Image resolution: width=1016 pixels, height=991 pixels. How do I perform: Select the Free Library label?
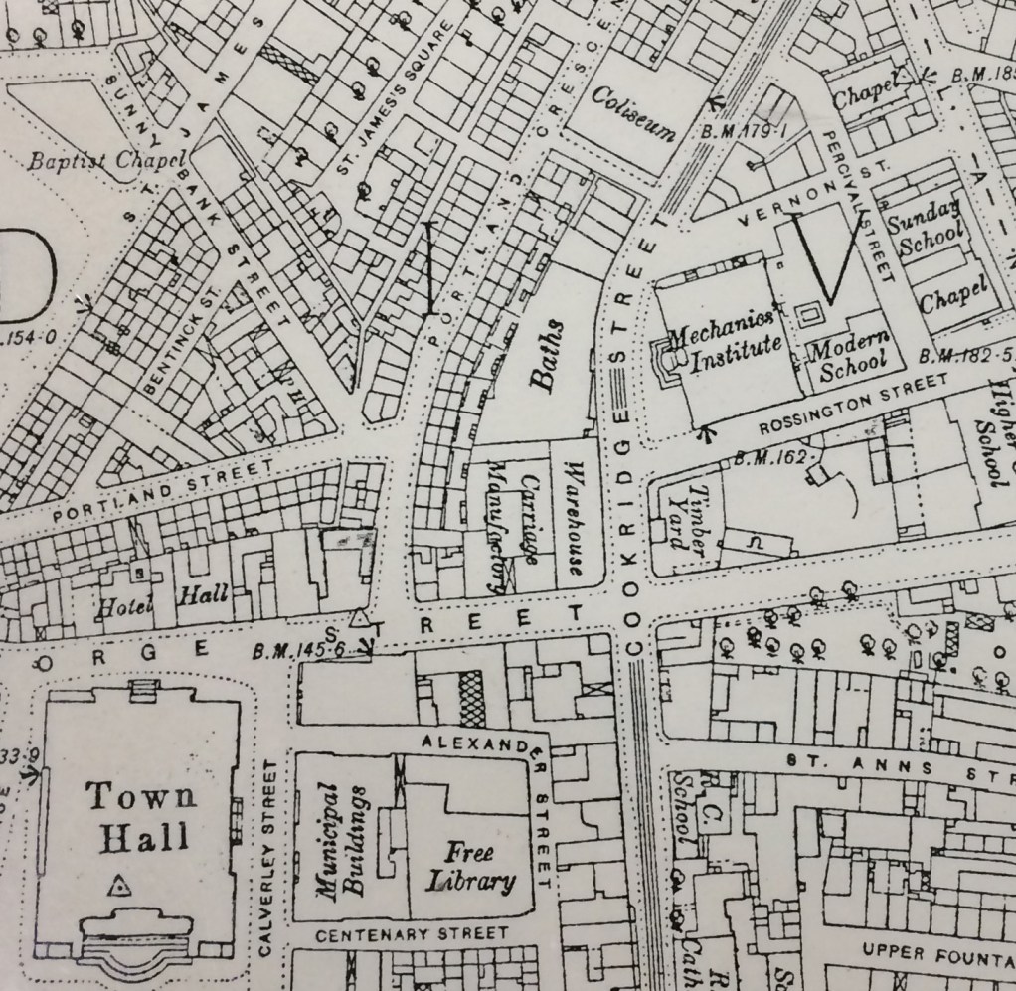471,867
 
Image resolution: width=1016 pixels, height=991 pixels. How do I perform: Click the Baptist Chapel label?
108,160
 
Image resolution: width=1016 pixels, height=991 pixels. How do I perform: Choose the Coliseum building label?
633,111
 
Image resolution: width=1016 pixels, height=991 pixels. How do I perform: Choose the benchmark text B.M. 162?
773,457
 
